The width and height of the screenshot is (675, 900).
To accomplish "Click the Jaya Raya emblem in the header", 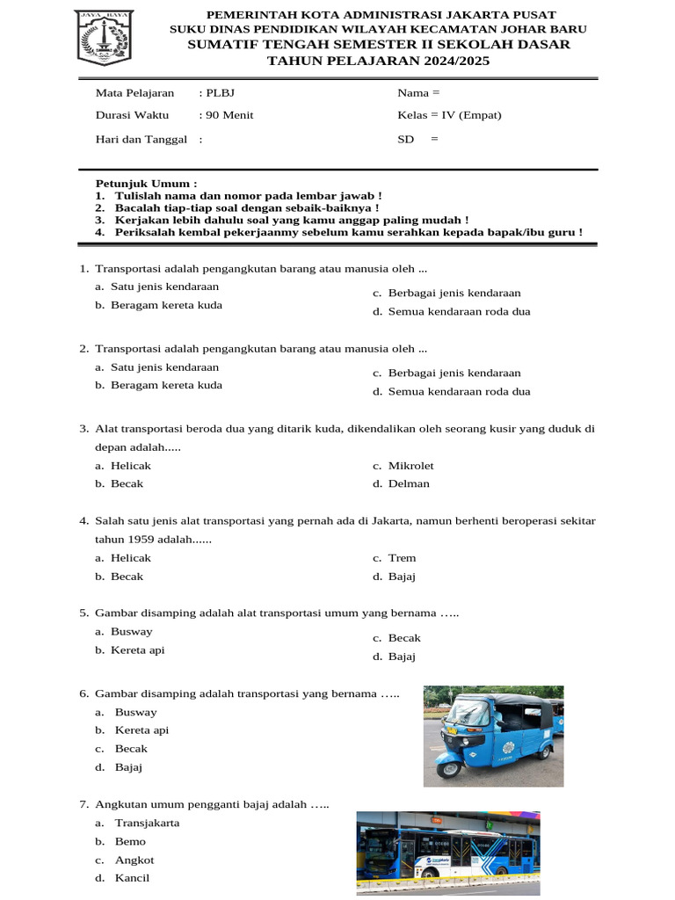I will pyautogui.click(x=105, y=37).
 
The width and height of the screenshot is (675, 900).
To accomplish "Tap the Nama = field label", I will pyautogui.click(x=418, y=93).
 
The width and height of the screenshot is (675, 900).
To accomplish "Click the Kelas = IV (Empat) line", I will pyautogui.click(x=449, y=115).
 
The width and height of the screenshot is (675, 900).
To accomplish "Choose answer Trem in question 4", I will pyautogui.click(x=402, y=558).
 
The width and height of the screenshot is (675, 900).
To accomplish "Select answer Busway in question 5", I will pyautogui.click(x=131, y=631).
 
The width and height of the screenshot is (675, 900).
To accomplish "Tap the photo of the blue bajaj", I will pyautogui.click(x=493, y=736).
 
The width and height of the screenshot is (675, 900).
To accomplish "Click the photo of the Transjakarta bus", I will pyautogui.click(x=447, y=852).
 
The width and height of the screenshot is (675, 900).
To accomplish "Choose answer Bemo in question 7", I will pyautogui.click(x=130, y=841).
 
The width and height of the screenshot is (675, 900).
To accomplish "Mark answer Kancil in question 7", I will pyautogui.click(x=132, y=878).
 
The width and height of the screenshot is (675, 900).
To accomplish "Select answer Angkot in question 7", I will pyautogui.click(x=134, y=860).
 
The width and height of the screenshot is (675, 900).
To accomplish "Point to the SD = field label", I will pyautogui.click(x=417, y=139).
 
